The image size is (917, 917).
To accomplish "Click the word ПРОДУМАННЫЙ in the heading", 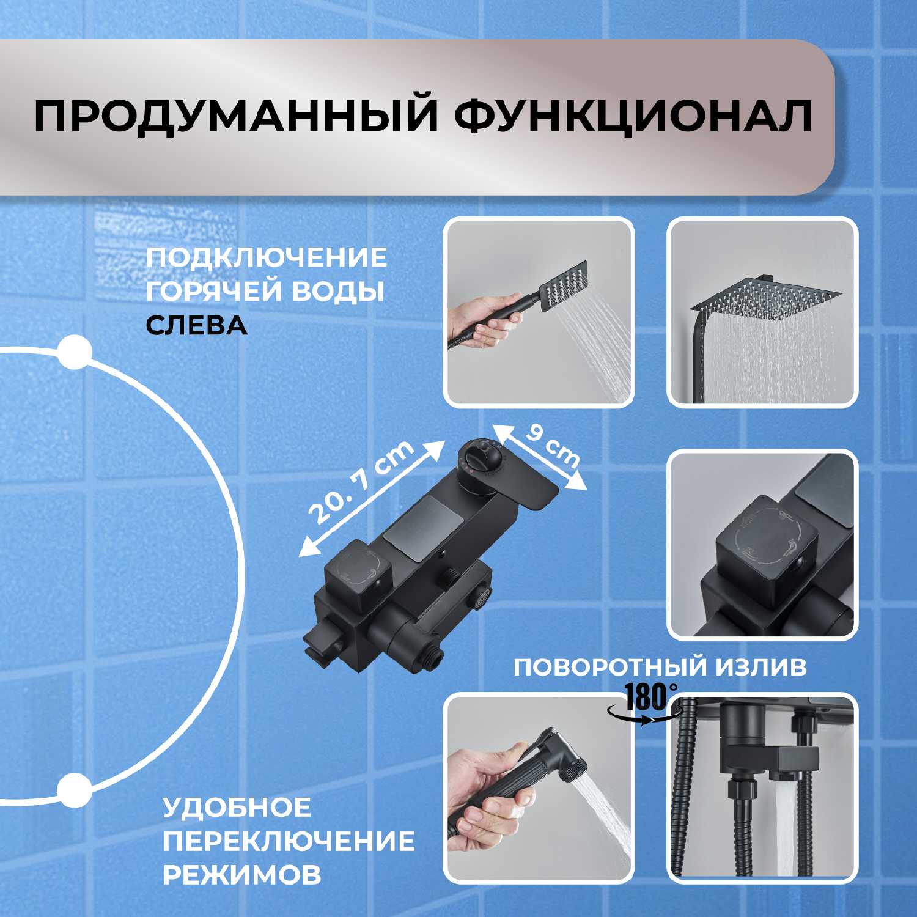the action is point(236,115).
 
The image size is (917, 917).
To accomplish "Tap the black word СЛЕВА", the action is point(196,326).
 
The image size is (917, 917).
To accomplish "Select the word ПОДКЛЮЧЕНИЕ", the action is point(267,257).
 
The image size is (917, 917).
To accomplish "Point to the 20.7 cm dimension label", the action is point(361,483).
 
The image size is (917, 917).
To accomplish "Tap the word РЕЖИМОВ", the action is point(242,875).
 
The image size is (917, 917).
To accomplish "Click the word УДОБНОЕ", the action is point(237,808).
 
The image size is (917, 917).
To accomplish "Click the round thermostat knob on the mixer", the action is point(481,460).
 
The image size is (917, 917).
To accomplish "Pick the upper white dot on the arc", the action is point(74,353).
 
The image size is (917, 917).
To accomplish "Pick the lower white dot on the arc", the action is point(74,790).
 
